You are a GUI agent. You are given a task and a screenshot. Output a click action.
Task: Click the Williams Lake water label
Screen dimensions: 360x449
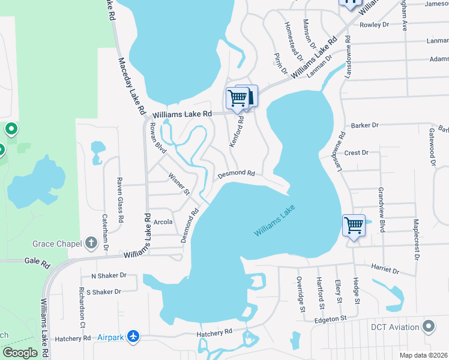[275, 222]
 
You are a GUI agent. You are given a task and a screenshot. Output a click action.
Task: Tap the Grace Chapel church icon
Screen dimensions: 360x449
[91, 243]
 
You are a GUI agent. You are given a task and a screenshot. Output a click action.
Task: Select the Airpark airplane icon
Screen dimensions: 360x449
[134, 337]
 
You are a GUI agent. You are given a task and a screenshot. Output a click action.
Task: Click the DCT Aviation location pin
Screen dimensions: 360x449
[429, 327]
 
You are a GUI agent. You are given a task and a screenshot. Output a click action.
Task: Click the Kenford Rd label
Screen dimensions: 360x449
[236, 132]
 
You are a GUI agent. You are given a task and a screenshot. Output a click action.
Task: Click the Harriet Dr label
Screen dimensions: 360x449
[385, 268]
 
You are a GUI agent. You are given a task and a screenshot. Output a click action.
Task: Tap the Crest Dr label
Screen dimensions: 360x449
[357, 153]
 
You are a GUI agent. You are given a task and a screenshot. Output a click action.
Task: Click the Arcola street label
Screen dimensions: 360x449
[163, 222]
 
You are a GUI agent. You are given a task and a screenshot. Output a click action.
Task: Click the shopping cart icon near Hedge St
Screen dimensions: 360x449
[354, 226]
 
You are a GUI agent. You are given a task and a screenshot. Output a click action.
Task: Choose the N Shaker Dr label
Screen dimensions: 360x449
[109, 275]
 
